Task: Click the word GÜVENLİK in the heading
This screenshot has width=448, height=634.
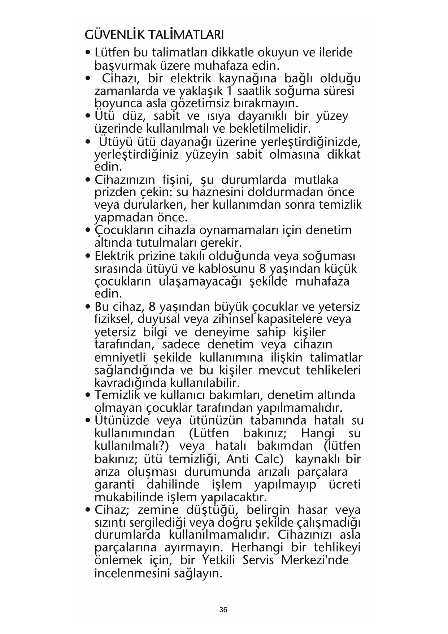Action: [x=114, y=35]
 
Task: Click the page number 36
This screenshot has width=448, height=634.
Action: [x=223, y=610]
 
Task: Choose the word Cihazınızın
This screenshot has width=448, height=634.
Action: [x=125, y=180]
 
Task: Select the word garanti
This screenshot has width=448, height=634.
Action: [x=114, y=485]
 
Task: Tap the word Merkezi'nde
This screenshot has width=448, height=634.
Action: [x=315, y=561]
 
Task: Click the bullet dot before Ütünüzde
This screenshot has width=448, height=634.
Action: [x=88, y=421]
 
